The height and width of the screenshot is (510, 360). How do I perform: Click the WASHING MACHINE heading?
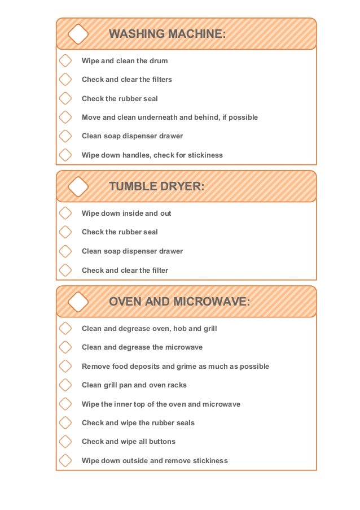point(167,34)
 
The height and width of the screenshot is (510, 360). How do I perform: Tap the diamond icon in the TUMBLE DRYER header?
point(78,186)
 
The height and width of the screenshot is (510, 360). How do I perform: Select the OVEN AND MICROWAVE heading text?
point(179,302)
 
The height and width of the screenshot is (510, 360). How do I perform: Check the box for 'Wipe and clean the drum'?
point(65,60)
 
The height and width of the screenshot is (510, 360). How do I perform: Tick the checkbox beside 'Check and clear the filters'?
point(65,79)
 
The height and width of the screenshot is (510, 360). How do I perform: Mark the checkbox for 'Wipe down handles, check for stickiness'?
point(65,155)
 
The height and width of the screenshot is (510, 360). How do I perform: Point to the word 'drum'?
point(159,61)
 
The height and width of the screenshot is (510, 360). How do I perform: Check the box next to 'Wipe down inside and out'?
point(65,213)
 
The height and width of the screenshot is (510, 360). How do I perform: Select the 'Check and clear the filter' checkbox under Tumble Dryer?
point(65,270)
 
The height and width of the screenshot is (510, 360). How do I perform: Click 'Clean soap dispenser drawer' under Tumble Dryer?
point(132,251)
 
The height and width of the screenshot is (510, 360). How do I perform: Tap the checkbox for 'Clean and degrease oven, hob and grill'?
point(65,328)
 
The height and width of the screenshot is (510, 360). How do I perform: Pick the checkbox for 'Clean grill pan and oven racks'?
point(65,385)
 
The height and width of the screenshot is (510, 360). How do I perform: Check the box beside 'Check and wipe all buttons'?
point(65,441)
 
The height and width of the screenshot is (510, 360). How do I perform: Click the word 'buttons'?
point(161,442)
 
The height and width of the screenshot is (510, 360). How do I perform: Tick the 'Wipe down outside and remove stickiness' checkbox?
point(65,460)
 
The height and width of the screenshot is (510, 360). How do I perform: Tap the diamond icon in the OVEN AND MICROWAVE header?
point(78,302)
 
